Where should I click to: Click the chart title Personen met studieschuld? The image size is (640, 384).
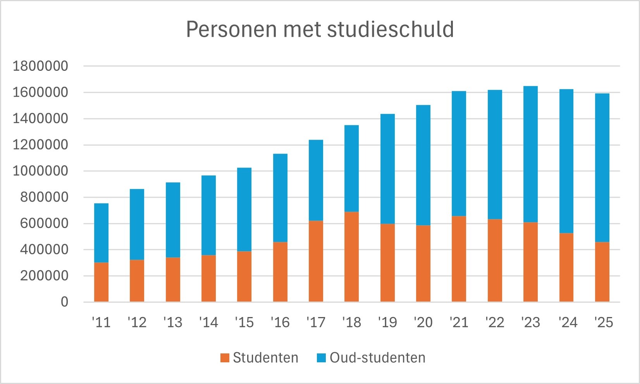click(x=320, y=29)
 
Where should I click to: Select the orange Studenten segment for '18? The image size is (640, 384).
click(x=351, y=257)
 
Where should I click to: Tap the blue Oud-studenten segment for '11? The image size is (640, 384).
click(x=102, y=233)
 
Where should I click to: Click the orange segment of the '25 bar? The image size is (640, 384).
click(x=602, y=272)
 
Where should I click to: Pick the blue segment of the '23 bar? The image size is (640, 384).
click(x=530, y=154)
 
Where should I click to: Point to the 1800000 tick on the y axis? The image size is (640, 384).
click(x=40, y=66)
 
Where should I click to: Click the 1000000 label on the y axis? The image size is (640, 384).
click(x=40, y=171)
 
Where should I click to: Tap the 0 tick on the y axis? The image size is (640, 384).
click(x=64, y=302)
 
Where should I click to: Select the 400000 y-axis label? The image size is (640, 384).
click(x=40, y=250)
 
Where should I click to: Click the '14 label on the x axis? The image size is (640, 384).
click(x=208, y=322)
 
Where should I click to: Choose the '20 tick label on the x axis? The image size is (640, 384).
click(x=423, y=322)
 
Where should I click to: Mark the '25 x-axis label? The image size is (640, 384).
click(x=603, y=322)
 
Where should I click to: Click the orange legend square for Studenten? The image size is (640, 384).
click(x=225, y=358)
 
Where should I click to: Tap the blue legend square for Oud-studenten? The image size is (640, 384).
click(x=321, y=358)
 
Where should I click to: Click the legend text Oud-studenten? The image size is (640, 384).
click(x=377, y=358)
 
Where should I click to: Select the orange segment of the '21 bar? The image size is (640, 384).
click(x=459, y=259)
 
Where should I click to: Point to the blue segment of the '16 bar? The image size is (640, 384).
click(x=280, y=198)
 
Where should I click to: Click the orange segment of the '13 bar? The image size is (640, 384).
click(x=173, y=279)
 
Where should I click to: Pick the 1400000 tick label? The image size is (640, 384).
click(x=40, y=119)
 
